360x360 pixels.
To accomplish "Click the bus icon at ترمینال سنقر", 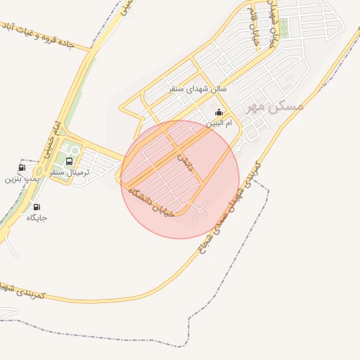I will coord(68,160).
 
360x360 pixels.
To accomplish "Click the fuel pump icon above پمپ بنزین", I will coord(22,167).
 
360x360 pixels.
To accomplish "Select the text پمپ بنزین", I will coord(20,179).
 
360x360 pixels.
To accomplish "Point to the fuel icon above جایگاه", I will coord(37,207).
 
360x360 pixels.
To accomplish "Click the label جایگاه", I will coord(37,218).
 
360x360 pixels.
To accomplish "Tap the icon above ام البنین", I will coord(219,112).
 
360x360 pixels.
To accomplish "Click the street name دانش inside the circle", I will coord(184,161).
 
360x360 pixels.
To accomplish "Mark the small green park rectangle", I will coord(283,27).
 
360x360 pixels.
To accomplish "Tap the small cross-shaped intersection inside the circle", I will coord(202,209).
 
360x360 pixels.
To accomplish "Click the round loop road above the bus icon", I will coord(72,150).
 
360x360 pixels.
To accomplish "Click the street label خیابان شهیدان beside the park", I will coord(274,28).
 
